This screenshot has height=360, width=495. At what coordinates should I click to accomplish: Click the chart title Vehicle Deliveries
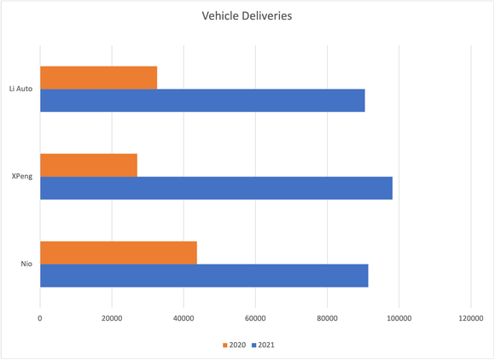(247, 15)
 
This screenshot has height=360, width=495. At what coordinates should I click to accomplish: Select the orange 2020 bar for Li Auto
(98, 78)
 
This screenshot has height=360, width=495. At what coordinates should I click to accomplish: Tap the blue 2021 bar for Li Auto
(202, 100)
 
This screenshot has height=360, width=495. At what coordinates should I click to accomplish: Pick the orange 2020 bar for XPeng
(89, 165)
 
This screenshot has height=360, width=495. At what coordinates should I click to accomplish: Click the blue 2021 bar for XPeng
(216, 188)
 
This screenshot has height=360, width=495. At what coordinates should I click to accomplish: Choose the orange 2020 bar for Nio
(119, 253)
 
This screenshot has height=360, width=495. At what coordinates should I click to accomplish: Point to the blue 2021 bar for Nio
(204, 276)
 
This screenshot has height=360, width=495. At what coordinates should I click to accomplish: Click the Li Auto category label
(20, 89)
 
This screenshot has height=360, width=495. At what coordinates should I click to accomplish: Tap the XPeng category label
(21, 177)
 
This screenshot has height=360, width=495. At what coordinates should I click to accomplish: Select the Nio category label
(26, 264)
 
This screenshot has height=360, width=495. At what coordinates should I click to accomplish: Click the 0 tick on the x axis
(40, 318)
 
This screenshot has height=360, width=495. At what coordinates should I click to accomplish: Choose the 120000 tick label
(471, 318)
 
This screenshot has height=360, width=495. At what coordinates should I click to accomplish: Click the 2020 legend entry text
(238, 345)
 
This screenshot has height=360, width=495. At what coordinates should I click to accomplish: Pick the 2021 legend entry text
(266, 345)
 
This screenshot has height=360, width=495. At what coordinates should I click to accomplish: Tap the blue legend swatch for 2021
(253, 345)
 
